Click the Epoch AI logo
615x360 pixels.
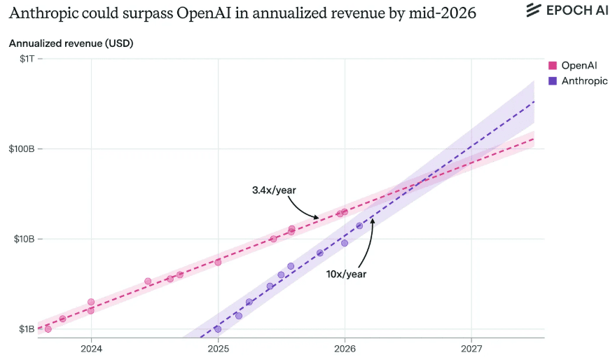tap(567, 11)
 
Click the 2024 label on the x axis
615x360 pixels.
tap(91, 349)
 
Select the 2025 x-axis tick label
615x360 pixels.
tap(218, 349)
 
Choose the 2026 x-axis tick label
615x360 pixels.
tap(345, 349)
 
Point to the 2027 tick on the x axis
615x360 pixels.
tap(471, 349)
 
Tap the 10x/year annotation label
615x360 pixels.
tap(346, 274)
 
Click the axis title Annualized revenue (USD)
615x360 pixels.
tap(71, 43)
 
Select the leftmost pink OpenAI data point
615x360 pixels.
tap(48, 329)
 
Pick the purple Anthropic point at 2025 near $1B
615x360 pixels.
tap(218, 329)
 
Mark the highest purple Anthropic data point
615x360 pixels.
tap(359, 226)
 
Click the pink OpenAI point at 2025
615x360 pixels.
tap(218, 262)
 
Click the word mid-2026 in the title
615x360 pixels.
tap(446, 13)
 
